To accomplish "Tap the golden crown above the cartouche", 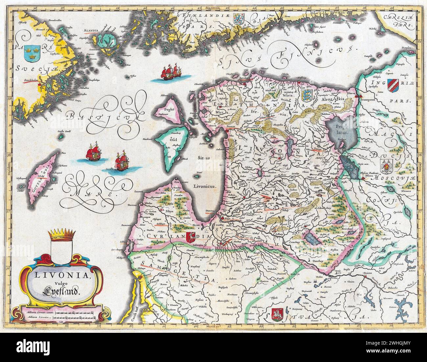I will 61,234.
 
